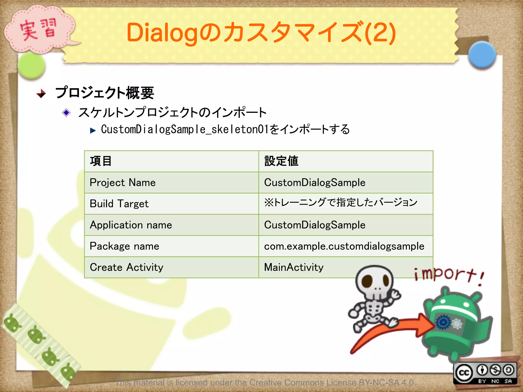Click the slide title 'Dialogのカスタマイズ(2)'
pyautogui.click(x=261, y=33)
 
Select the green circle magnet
pyautogui.click(x=31, y=66)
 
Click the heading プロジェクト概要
pyautogui.click(x=105, y=93)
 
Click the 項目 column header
pyautogui.click(x=101, y=161)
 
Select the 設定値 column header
pyautogui.click(x=281, y=161)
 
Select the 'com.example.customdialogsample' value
pyautogui.click(x=344, y=246)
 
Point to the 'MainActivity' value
pyautogui.click(x=294, y=267)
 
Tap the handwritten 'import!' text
pyautogui.click(x=448, y=275)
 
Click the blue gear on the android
pyautogui.click(x=443, y=323)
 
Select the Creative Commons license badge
pyautogui.click(x=485, y=373)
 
